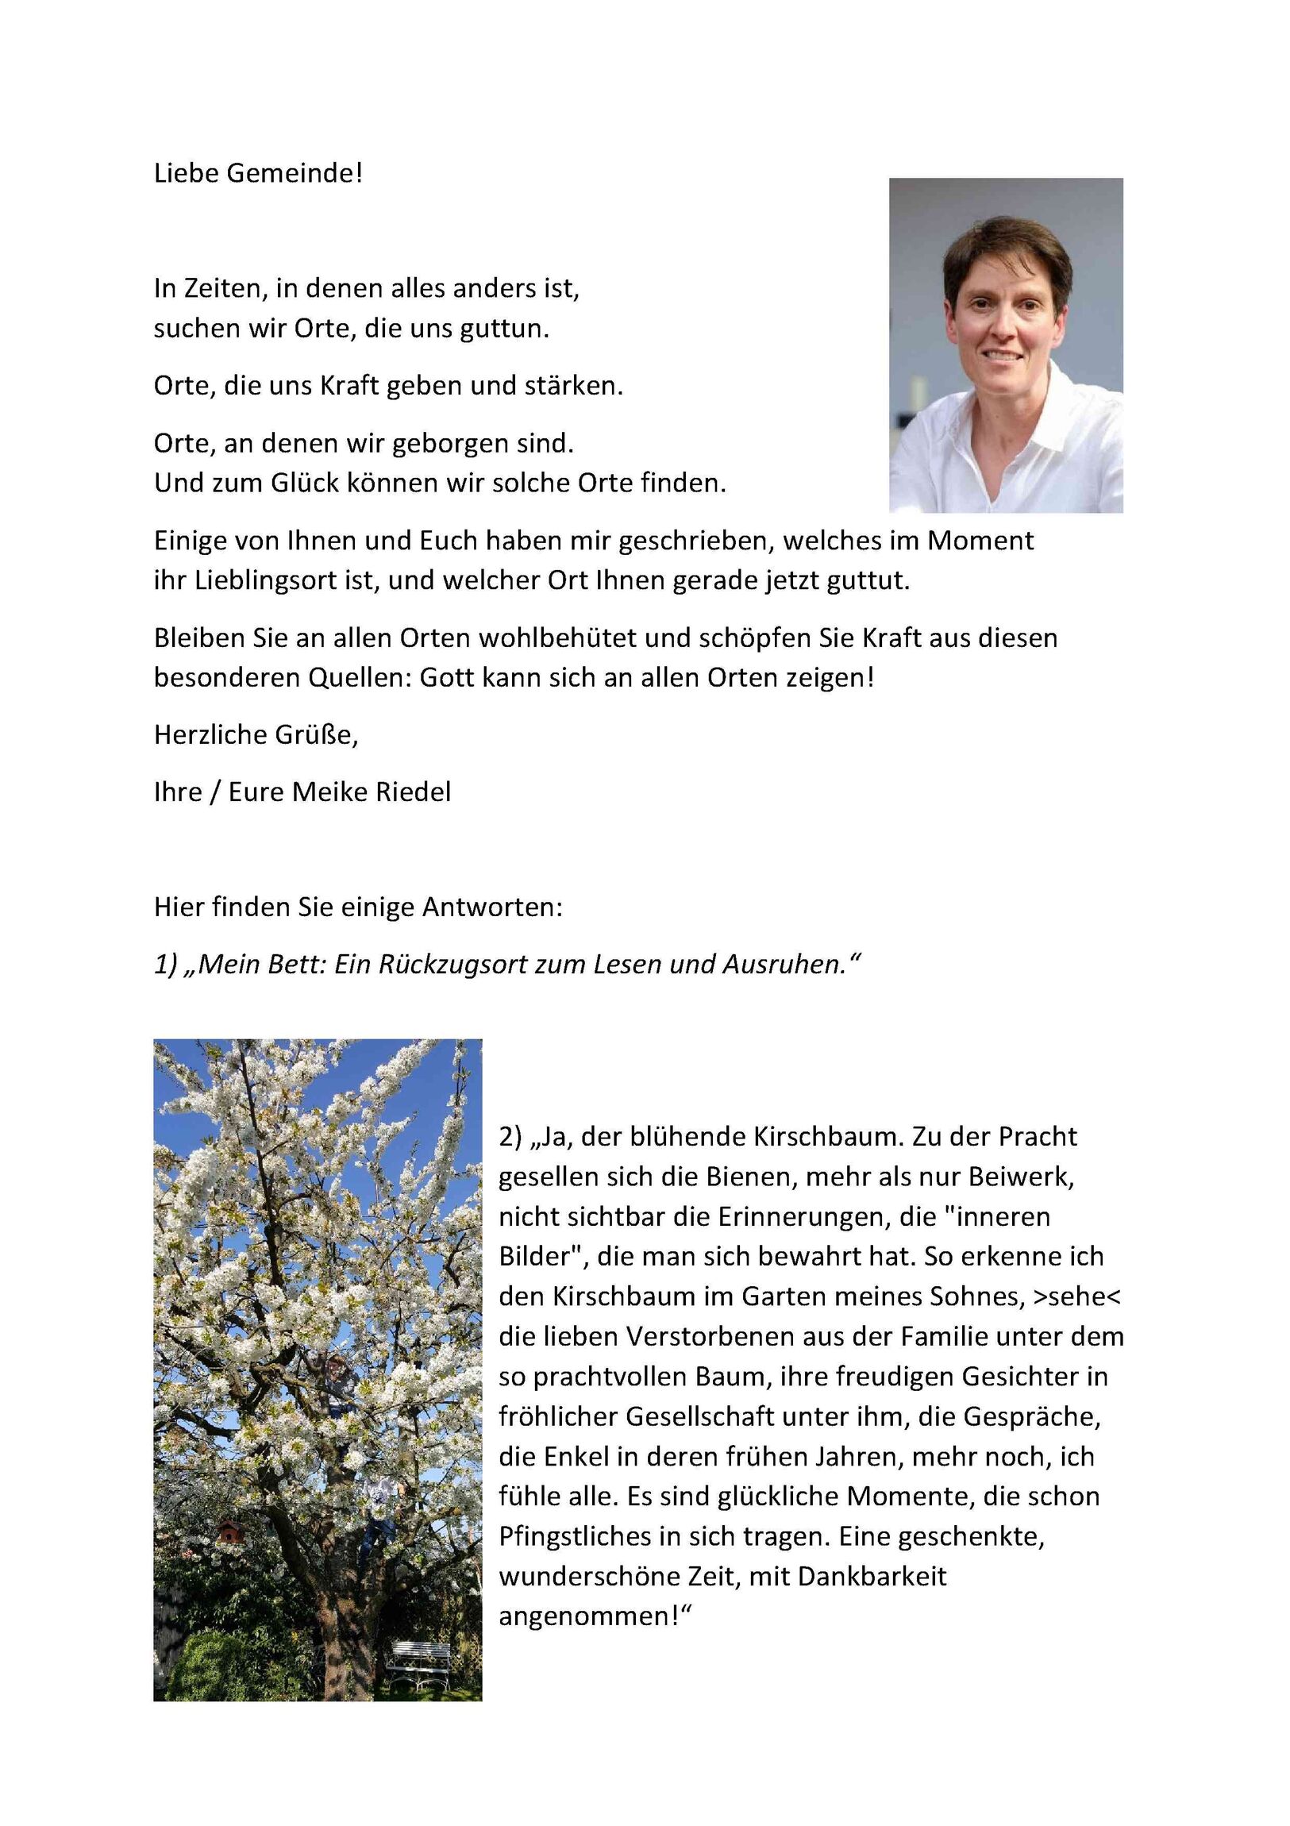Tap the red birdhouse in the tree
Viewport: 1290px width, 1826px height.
[229, 1531]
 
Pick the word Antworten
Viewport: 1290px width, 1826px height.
[491, 907]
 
